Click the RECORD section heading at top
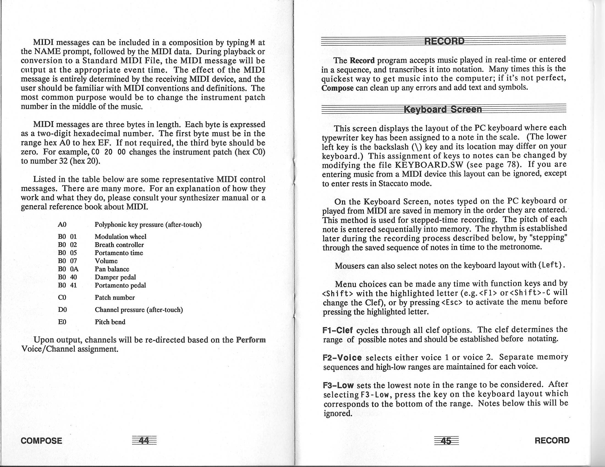tap(444, 41)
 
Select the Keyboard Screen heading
tap(443, 109)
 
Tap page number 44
tap(144, 440)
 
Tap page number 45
tap(446, 440)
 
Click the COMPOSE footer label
tap(41, 440)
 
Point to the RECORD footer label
tap(552, 440)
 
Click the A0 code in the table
tap(62, 224)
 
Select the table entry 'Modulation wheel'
tap(120, 237)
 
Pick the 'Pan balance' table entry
tap(112, 269)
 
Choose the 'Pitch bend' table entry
tap(110, 322)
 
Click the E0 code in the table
tap(62, 322)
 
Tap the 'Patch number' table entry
tap(115, 298)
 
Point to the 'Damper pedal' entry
tap(115, 277)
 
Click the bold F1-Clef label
tap(338, 330)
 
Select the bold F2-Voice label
tap(342, 358)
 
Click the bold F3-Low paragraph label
tap(338, 385)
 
